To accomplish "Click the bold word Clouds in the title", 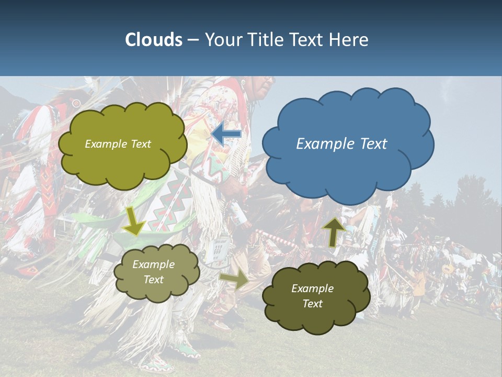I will (154, 40).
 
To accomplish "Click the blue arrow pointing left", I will (226, 134).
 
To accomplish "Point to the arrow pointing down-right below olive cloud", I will (134, 221).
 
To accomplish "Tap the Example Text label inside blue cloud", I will (341, 144).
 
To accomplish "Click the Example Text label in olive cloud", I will (118, 144).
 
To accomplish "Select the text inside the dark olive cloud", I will (312, 296).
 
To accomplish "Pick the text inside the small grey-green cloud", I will (153, 272).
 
